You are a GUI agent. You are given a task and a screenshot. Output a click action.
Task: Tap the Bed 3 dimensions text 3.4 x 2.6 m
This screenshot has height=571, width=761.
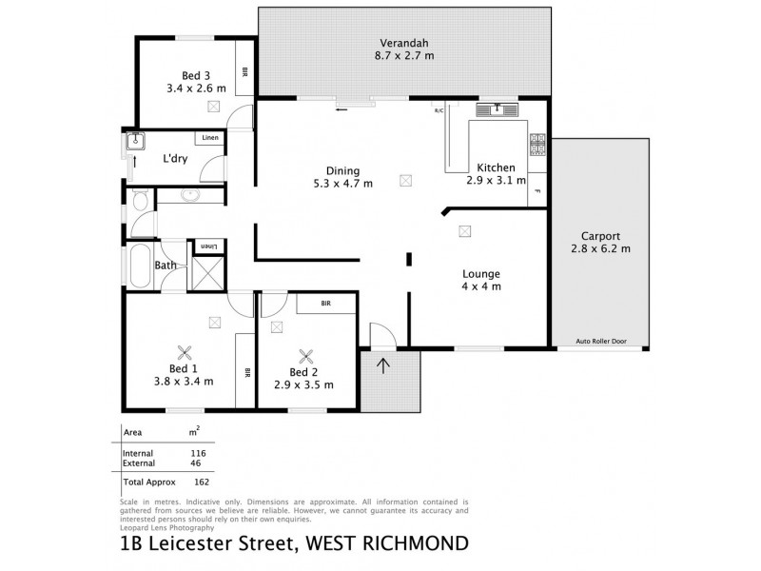194,92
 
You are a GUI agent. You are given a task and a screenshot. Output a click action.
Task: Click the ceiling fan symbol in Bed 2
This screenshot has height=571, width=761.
306,357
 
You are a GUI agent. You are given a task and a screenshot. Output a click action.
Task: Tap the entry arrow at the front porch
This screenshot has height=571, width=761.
383,366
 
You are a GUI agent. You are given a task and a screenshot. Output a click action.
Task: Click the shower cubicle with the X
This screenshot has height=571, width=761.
206,271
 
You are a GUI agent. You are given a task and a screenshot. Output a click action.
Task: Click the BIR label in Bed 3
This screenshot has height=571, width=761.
244,70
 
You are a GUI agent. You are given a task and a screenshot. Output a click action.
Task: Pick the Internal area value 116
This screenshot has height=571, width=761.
199,453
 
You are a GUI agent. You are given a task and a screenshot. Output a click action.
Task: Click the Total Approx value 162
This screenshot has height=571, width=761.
199,482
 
